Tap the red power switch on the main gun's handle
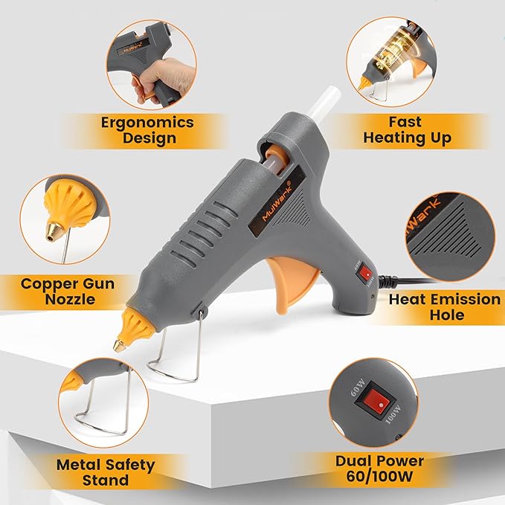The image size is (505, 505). point(365,274)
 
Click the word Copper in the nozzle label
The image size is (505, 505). point(47,283)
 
